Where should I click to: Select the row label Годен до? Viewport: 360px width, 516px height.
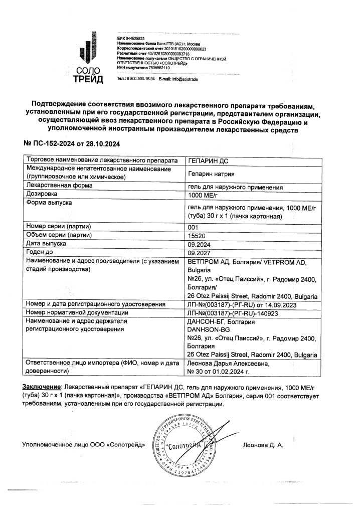(41, 252)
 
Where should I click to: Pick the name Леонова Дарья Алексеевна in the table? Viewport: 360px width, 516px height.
(228, 364)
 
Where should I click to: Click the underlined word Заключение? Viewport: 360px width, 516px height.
(41, 388)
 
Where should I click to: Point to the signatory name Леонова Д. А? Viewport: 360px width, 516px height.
(263, 445)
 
